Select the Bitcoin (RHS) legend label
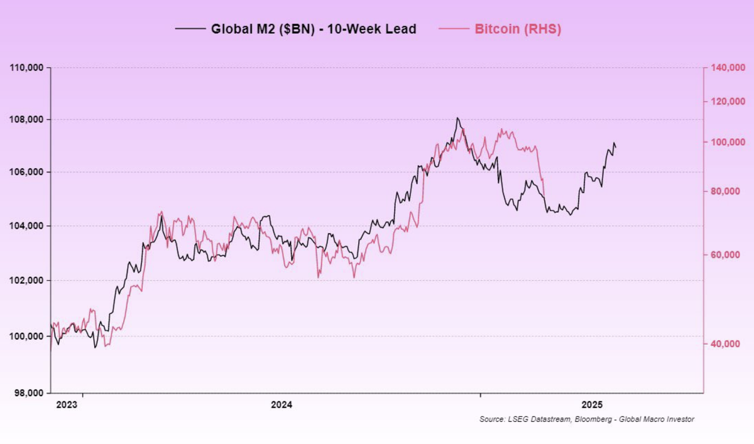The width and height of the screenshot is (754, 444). click(518, 29)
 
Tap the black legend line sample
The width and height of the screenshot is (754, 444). click(190, 29)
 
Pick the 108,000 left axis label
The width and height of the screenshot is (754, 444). click(27, 120)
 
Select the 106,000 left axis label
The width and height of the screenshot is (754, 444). click(27, 173)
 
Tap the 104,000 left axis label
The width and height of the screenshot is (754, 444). click(27, 226)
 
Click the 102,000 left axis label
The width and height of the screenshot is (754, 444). click(27, 281)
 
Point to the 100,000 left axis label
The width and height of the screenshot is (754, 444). click(27, 337)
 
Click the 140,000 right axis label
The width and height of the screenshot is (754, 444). click(727, 68)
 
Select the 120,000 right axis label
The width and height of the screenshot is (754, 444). click(727, 102)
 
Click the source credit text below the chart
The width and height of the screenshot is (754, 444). click(586, 420)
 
